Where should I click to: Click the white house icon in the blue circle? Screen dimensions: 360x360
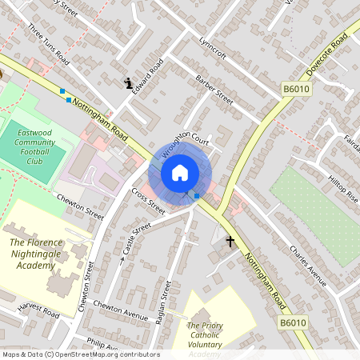pos(180,172)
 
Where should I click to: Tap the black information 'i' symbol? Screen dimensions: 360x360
pos(129,82)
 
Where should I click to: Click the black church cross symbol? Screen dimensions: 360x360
pos(230,240)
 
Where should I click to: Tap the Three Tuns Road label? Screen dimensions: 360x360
pos(49,44)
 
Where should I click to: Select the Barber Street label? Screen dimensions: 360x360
pos(214,90)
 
